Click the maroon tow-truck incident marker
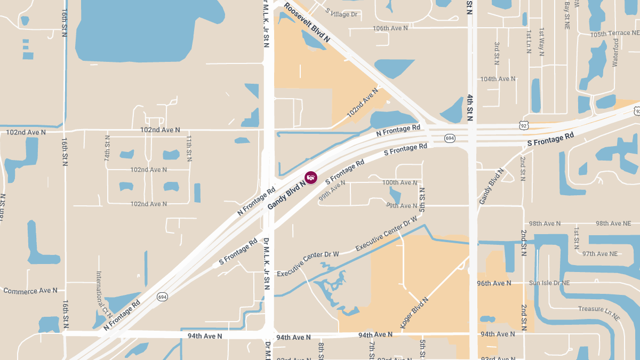(311, 177)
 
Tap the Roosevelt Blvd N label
(307, 22)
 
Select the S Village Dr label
(341, 14)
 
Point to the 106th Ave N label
(390, 28)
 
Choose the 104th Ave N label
(498, 79)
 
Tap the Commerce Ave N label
(30, 291)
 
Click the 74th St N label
(107, 148)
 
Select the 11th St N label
(189, 148)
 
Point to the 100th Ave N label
(400, 182)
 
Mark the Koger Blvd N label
(414, 313)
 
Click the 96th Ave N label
(494, 283)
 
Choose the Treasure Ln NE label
(599, 313)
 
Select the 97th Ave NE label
(600, 253)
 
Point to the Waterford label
(615, 52)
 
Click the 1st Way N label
(541, 42)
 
